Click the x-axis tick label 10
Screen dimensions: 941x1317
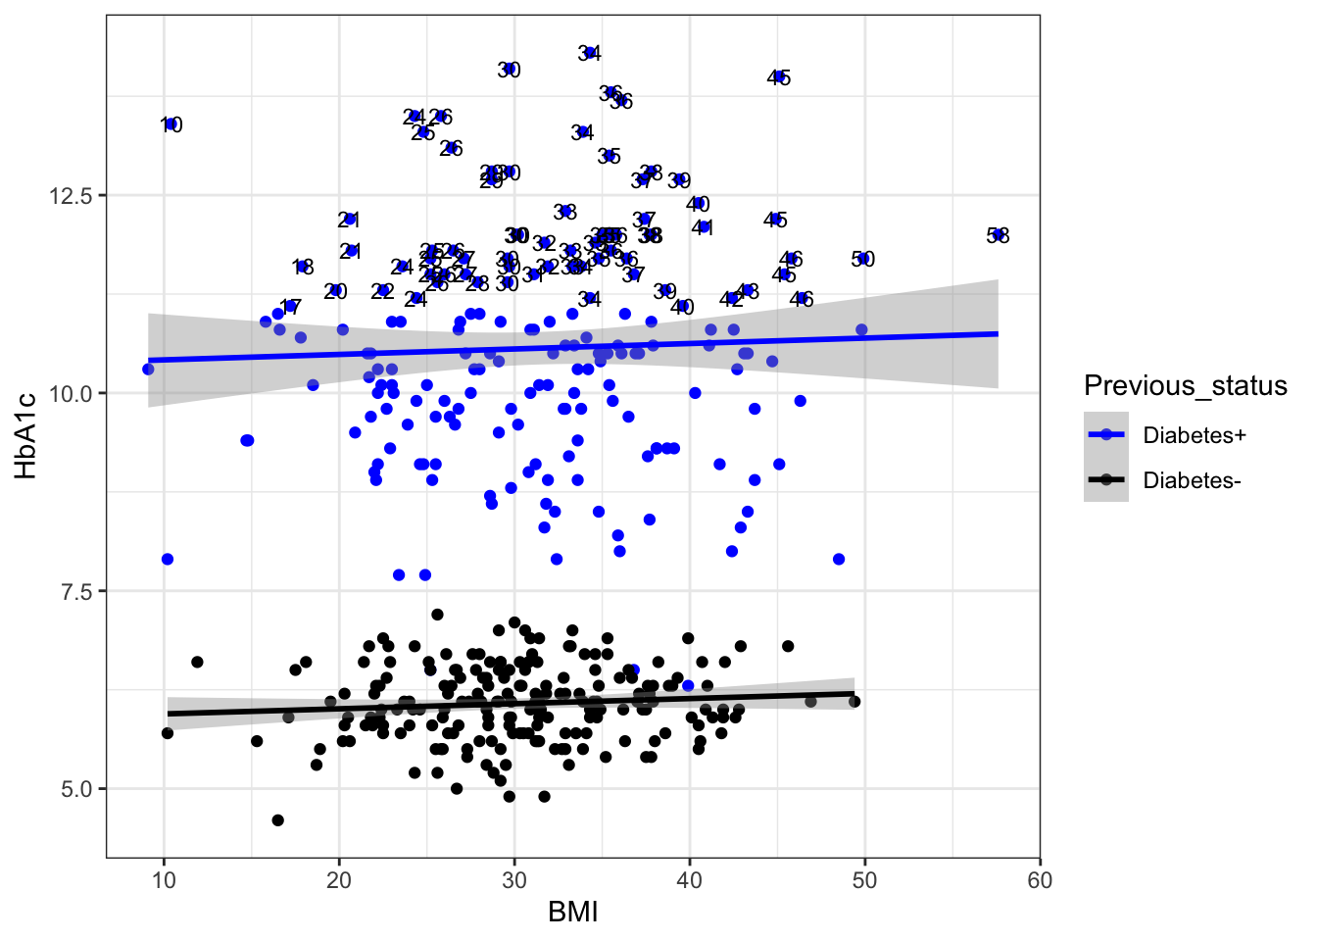tap(164, 879)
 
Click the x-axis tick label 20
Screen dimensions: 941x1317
tap(339, 879)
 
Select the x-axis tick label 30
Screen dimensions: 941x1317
tap(514, 879)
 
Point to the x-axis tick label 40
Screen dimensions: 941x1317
tap(689, 879)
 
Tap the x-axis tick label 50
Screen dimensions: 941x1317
tap(864, 879)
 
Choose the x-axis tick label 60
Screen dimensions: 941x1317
tap(1040, 879)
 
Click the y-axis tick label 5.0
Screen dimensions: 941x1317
tap(76, 789)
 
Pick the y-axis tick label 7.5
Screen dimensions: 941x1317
tap(76, 591)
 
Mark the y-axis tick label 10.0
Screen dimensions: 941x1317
tap(71, 393)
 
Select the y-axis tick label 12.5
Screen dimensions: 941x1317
tap(71, 196)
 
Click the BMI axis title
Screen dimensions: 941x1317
tap(572, 913)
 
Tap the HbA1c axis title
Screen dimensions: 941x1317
tap(26, 435)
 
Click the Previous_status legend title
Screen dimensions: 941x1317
tap(1185, 386)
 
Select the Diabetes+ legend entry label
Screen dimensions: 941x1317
tap(1195, 435)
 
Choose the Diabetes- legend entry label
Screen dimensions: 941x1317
tap(1192, 480)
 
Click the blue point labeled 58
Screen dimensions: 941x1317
tap(999, 235)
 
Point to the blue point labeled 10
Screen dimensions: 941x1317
tap(171, 124)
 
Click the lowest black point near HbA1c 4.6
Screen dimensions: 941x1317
tap(277, 820)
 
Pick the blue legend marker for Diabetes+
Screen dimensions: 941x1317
tap(1106, 435)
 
